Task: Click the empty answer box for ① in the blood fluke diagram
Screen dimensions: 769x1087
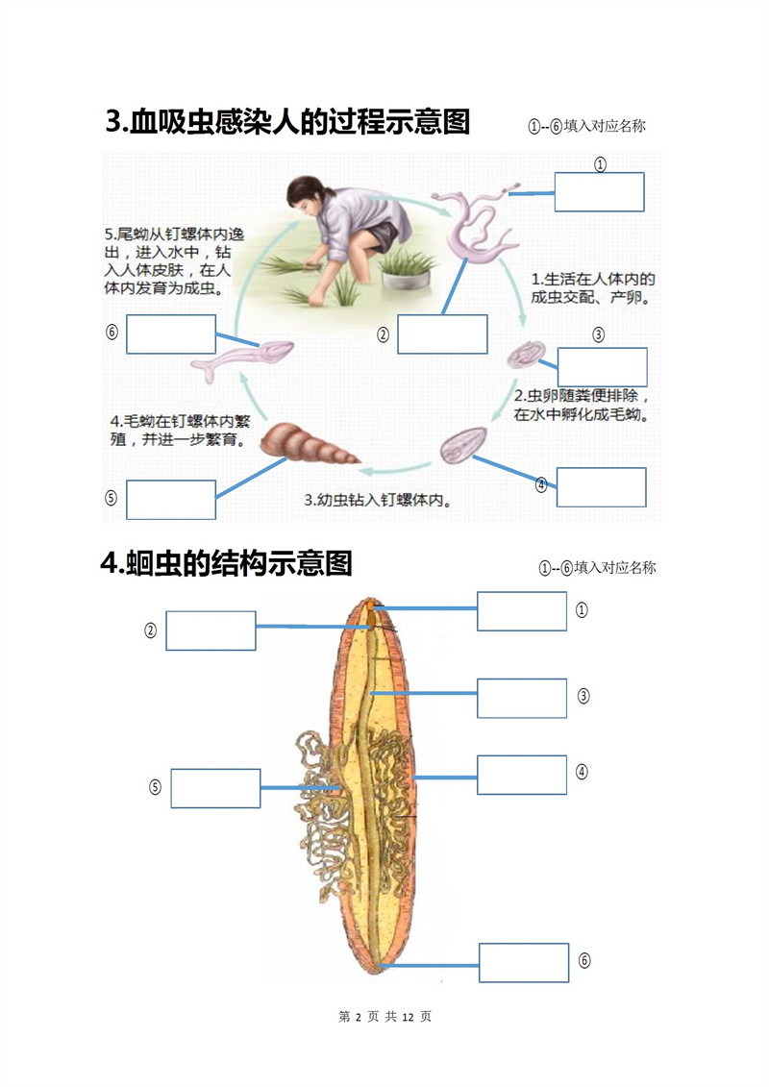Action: (599, 192)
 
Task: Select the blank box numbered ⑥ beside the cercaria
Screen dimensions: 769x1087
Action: (170, 334)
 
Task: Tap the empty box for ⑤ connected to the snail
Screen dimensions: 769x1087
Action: (170, 499)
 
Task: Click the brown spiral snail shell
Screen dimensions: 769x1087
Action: (309, 444)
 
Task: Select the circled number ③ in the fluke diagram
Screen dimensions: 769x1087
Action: (599, 335)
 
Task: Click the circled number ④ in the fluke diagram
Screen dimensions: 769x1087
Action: (541, 484)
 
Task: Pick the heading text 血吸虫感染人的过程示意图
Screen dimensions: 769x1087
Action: (287, 121)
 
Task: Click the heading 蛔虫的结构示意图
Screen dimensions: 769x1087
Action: (227, 563)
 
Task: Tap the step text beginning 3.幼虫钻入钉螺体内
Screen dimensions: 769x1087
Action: (378, 499)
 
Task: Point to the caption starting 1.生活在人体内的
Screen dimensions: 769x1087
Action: (593, 288)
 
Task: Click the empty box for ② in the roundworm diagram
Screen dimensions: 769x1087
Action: (211, 630)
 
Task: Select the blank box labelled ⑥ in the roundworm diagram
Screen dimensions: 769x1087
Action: (524, 962)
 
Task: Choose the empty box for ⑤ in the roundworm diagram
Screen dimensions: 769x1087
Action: (215, 788)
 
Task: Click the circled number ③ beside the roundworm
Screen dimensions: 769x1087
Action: (583, 696)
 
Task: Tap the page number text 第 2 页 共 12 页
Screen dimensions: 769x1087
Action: (384, 1016)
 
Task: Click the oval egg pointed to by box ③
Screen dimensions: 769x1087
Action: (526, 355)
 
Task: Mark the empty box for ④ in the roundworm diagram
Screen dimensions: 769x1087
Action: (521, 775)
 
